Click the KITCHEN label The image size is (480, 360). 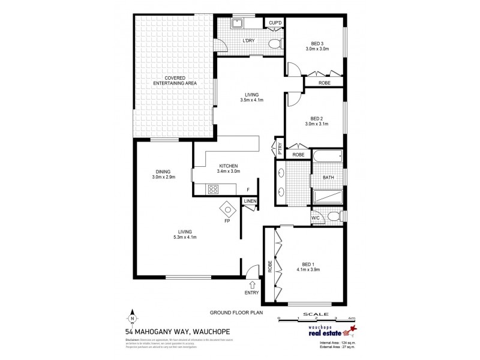tap(229, 166)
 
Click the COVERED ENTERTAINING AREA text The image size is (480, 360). tap(176, 81)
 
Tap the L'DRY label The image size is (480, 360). tap(248, 41)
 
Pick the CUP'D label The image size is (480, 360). tap(276, 23)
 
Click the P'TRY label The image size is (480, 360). tap(279, 146)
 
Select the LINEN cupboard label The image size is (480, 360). tap(250, 200)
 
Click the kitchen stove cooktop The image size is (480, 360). tap(213, 189)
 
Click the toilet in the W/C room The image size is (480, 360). tap(333, 217)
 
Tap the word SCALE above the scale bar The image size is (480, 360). tap(315, 313)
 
